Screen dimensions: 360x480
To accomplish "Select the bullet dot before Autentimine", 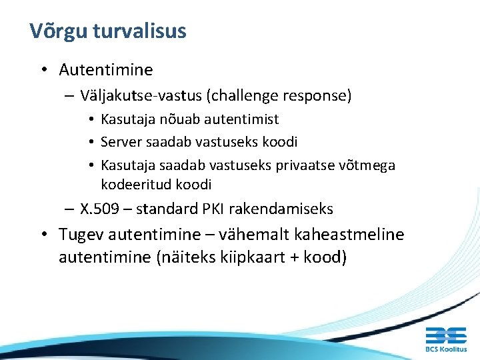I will pyautogui.click(x=42, y=69).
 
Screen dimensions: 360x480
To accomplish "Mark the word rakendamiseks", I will pyautogui.click(x=293, y=209).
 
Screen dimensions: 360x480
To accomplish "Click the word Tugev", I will pyautogui.click(x=81, y=235).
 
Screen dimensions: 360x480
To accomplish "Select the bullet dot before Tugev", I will pyautogui.click(x=42, y=235).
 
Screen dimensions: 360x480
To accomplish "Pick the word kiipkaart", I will pyautogui.click(x=247, y=257).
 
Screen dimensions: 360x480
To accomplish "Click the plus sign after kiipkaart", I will pyautogui.click(x=291, y=257).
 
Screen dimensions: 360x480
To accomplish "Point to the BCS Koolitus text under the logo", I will pyautogui.click(x=446, y=349).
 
